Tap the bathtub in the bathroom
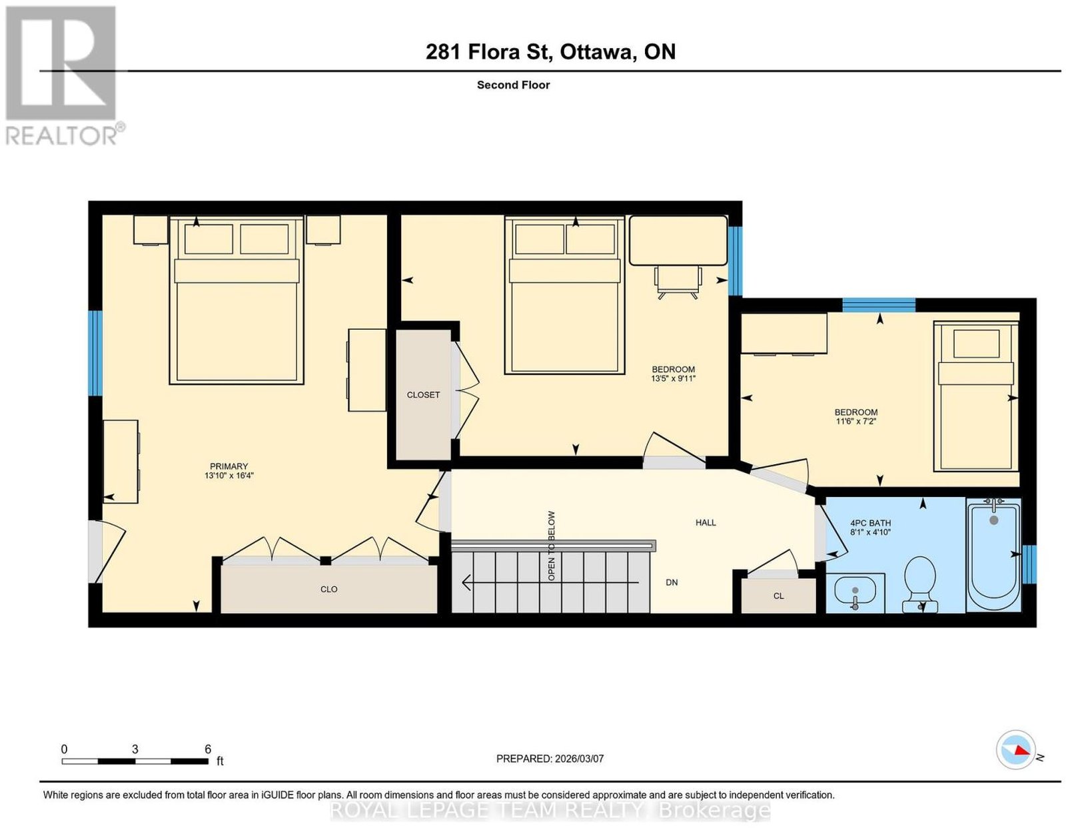pyautogui.click(x=993, y=555)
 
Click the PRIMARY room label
pyautogui.click(x=229, y=466)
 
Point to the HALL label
pyautogui.click(x=706, y=523)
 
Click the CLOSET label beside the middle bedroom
pyautogui.click(x=423, y=394)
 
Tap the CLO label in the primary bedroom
pyautogui.click(x=328, y=590)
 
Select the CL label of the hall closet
pyautogui.click(x=779, y=596)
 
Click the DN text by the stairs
pyautogui.click(x=672, y=582)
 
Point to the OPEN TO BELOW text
pyautogui.click(x=552, y=546)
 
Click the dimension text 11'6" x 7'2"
pyautogui.click(x=856, y=421)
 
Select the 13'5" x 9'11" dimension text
pyautogui.click(x=673, y=378)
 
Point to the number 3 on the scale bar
pyautogui.click(x=135, y=749)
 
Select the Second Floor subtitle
pyautogui.click(x=513, y=85)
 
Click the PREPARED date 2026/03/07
pyautogui.click(x=579, y=759)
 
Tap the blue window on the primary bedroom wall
pyautogui.click(x=95, y=353)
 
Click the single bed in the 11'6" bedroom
pyautogui.click(x=976, y=396)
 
